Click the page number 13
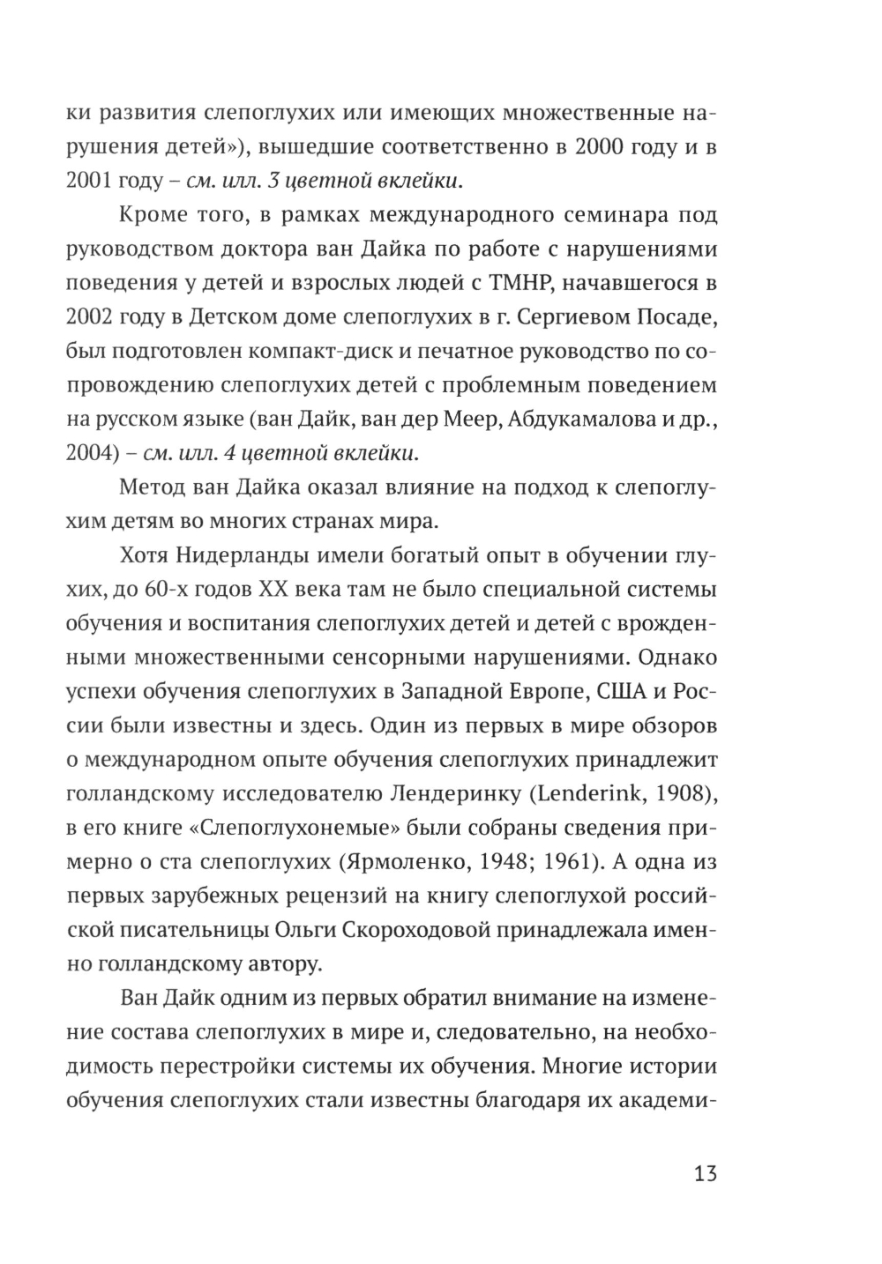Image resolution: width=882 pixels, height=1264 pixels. click(x=705, y=1174)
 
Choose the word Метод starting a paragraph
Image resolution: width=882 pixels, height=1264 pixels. click(x=152, y=487)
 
